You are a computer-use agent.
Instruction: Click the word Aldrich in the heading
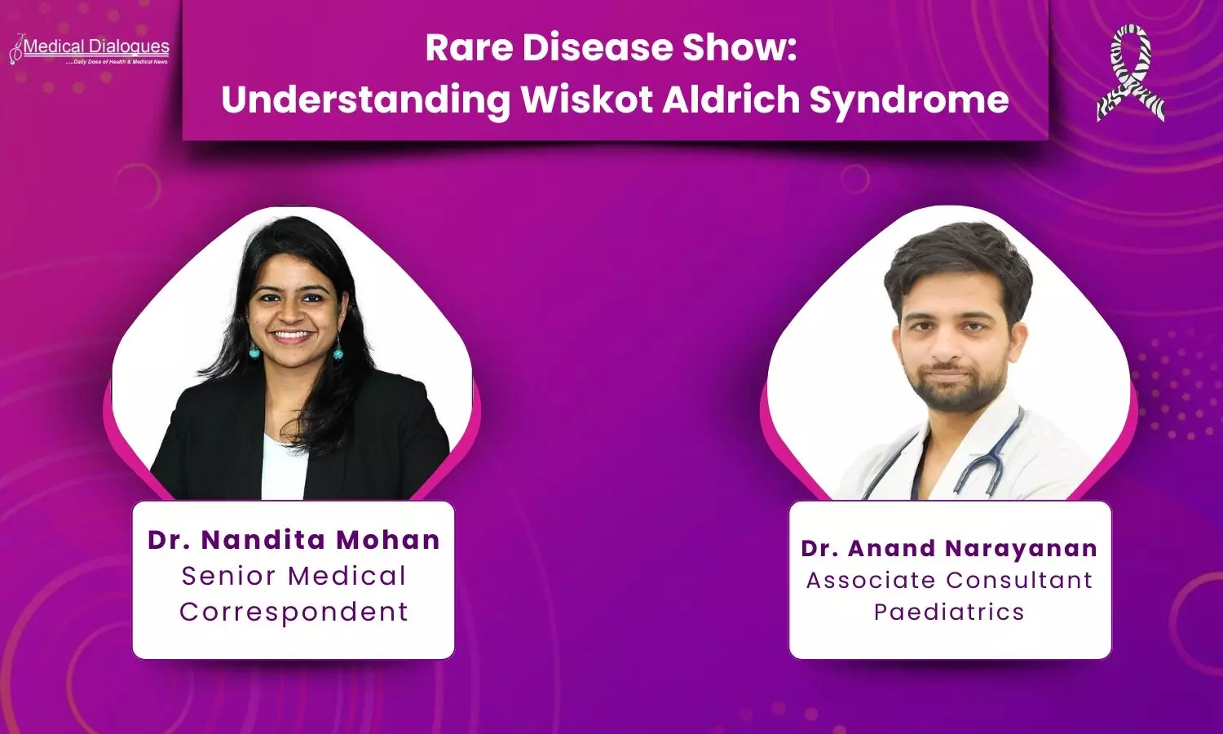coord(731,99)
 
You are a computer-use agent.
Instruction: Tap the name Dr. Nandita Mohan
coord(294,540)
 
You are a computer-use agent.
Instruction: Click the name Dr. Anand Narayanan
coord(950,549)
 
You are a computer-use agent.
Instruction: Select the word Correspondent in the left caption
coord(294,612)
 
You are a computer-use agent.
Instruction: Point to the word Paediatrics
coord(950,612)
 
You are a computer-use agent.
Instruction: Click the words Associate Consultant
coord(950,580)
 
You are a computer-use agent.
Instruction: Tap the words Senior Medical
coord(294,576)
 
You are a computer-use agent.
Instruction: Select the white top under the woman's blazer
coord(284,468)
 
